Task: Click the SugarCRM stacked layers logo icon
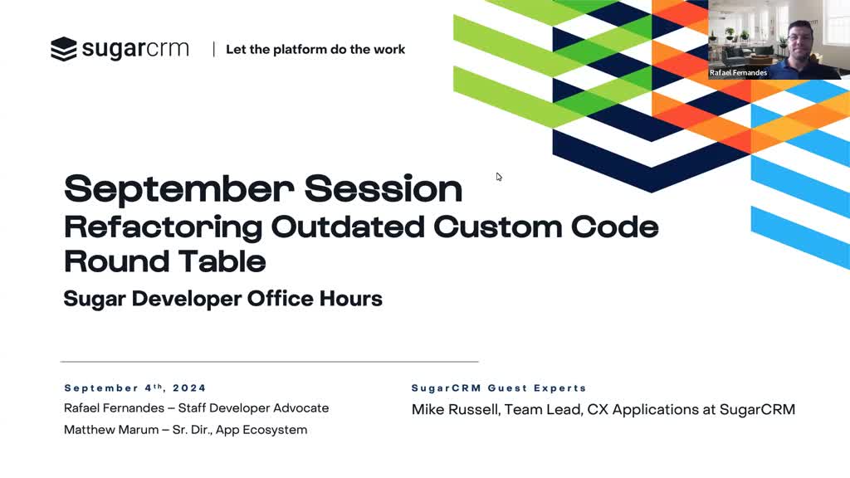tap(64, 49)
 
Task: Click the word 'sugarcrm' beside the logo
tap(135, 49)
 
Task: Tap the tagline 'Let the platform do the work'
tap(315, 49)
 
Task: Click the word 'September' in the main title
tap(179, 188)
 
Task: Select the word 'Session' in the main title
tap(383, 188)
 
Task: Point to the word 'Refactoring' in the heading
tap(164, 227)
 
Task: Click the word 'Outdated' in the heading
tap(348, 227)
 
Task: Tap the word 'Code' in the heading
tap(615, 227)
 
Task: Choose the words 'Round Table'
tap(165, 261)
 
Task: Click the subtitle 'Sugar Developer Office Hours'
tap(222, 299)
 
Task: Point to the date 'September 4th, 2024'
tap(135, 388)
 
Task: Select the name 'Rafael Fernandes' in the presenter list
tap(114, 407)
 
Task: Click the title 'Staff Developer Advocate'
tap(253, 408)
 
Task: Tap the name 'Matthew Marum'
tap(111, 430)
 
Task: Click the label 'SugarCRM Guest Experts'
tap(499, 388)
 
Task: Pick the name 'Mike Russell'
tap(454, 409)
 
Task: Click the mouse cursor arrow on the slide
tap(499, 177)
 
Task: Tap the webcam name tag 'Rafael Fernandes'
tap(738, 73)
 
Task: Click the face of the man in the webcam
tap(800, 41)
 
